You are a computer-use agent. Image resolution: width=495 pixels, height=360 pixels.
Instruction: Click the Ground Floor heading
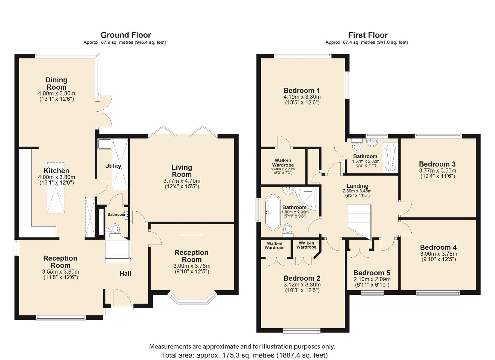pyautogui.click(x=126, y=35)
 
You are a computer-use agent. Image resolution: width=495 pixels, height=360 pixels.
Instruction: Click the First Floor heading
pyautogui.click(x=368, y=35)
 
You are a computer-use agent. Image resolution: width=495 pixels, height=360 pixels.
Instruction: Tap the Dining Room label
pyautogui.click(x=56, y=83)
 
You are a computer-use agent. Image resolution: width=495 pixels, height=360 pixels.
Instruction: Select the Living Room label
pyautogui.click(x=182, y=171)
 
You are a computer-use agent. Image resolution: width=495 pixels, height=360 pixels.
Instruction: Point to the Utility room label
pyautogui.click(x=113, y=166)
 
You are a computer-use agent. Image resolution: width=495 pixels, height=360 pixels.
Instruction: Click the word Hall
pyautogui.click(x=125, y=274)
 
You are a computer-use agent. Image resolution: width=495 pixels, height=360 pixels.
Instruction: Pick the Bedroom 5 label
pyautogui.click(x=372, y=273)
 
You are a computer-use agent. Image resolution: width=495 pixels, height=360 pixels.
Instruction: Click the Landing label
pyautogui.click(x=357, y=186)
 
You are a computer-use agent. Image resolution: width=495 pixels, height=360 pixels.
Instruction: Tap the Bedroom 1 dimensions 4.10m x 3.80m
pyautogui.click(x=302, y=97)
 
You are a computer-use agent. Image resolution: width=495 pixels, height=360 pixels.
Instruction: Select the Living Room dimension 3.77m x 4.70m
pyautogui.click(x=182, y=181)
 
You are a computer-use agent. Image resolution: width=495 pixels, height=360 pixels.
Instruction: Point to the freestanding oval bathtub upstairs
pyautogui.click(x=273, y=212)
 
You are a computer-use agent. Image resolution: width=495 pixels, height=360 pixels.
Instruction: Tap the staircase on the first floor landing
pyautogui.click(x=359, y=222)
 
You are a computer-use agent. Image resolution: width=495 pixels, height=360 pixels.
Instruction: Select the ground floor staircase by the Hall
pyautogui.click(x=117, y=251)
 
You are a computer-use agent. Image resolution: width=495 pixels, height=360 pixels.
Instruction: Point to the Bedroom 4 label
pyautogui.click(x=438, y=247)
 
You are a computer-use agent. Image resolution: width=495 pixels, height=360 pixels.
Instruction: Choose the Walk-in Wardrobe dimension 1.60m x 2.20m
pyautogui.click(x=283, y=169)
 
